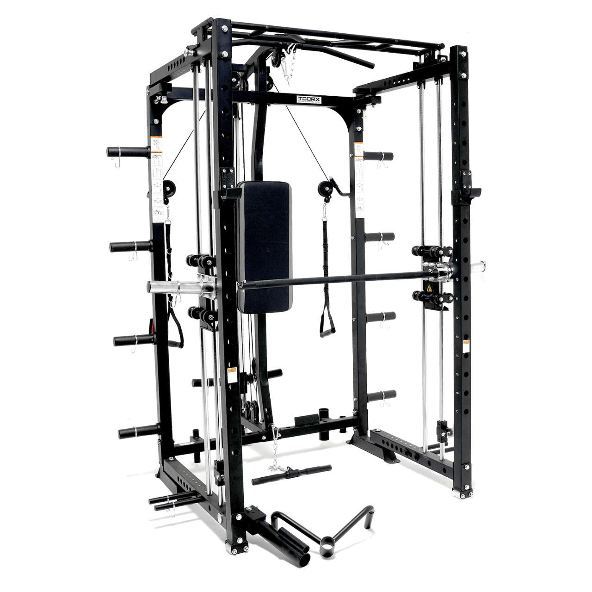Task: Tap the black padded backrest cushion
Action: [x=264, y=245]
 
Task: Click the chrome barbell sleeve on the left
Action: [x=172, y=286]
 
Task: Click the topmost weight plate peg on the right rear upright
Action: [x=379, y=156]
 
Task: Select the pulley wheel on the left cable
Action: [x=171, y=187]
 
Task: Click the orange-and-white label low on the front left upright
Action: [x=234, y=375]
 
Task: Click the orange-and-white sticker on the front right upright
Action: [x=466, y=345]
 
